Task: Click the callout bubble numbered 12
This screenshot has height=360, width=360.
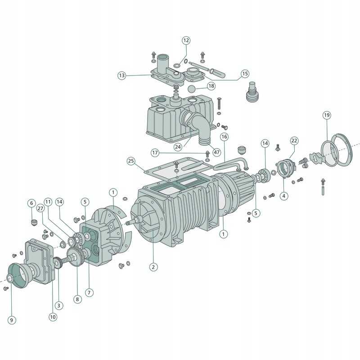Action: (186, 40)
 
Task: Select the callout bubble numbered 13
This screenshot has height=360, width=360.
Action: (122, 75)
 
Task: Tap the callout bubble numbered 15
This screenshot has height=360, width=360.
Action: (245, 73)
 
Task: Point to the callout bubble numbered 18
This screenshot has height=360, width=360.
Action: (211, 86)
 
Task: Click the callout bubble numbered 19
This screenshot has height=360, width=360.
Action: (327, 115)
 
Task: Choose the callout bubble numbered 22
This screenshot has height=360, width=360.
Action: (294, 141)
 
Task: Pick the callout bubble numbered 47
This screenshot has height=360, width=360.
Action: (217, 152)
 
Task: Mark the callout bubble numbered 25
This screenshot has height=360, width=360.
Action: (131, 161)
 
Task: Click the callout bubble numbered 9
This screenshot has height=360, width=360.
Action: (12, 320)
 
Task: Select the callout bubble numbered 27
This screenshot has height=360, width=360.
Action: (40, 208)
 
